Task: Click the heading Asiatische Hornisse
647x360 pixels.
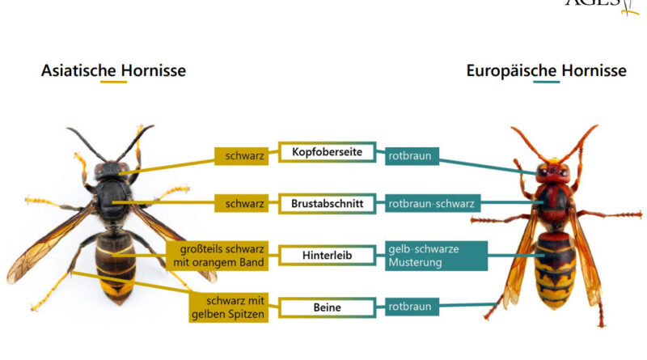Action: point(113,70)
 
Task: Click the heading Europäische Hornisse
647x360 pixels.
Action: point(546,70)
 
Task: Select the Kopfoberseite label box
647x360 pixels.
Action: point(327,152)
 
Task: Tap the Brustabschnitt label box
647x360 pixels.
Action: point(327,204)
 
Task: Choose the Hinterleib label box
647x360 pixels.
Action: point(327,255)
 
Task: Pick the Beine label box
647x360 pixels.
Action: point(327,307)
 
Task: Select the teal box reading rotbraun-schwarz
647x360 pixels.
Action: point(429,204)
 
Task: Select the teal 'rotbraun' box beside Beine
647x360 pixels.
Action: point(411,307)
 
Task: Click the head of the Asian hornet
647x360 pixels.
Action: point(111,171)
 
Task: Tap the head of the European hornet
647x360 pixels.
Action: point(552,171)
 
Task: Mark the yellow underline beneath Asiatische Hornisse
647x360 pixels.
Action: point(113,83)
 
